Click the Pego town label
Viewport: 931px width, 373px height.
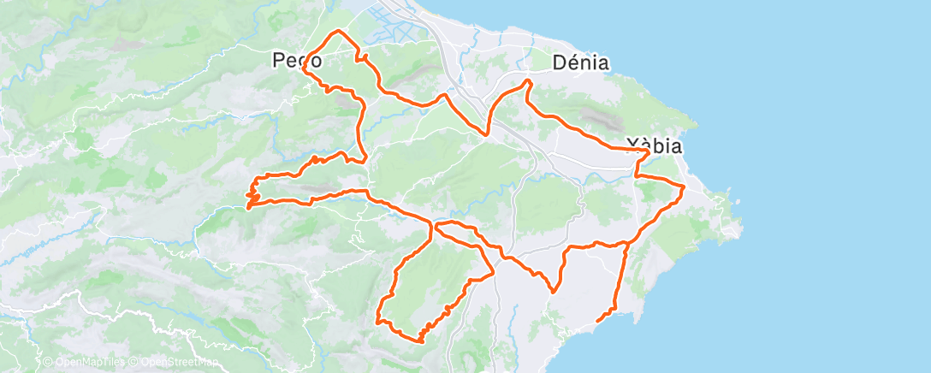[297, 61]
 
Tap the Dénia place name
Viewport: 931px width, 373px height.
[581, 62]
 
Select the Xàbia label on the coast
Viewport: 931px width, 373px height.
[654, 145]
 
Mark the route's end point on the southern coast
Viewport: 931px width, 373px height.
[596, 321]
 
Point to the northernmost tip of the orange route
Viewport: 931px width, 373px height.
[340, 31]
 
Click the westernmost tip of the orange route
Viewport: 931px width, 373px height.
[247, 207]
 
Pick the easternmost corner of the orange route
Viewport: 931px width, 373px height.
[684, 186]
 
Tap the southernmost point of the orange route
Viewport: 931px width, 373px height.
[420, 341]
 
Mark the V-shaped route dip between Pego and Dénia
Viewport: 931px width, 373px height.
[487, 134]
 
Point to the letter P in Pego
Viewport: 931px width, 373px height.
[279, 61]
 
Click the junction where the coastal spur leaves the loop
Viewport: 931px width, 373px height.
[628, 243]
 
